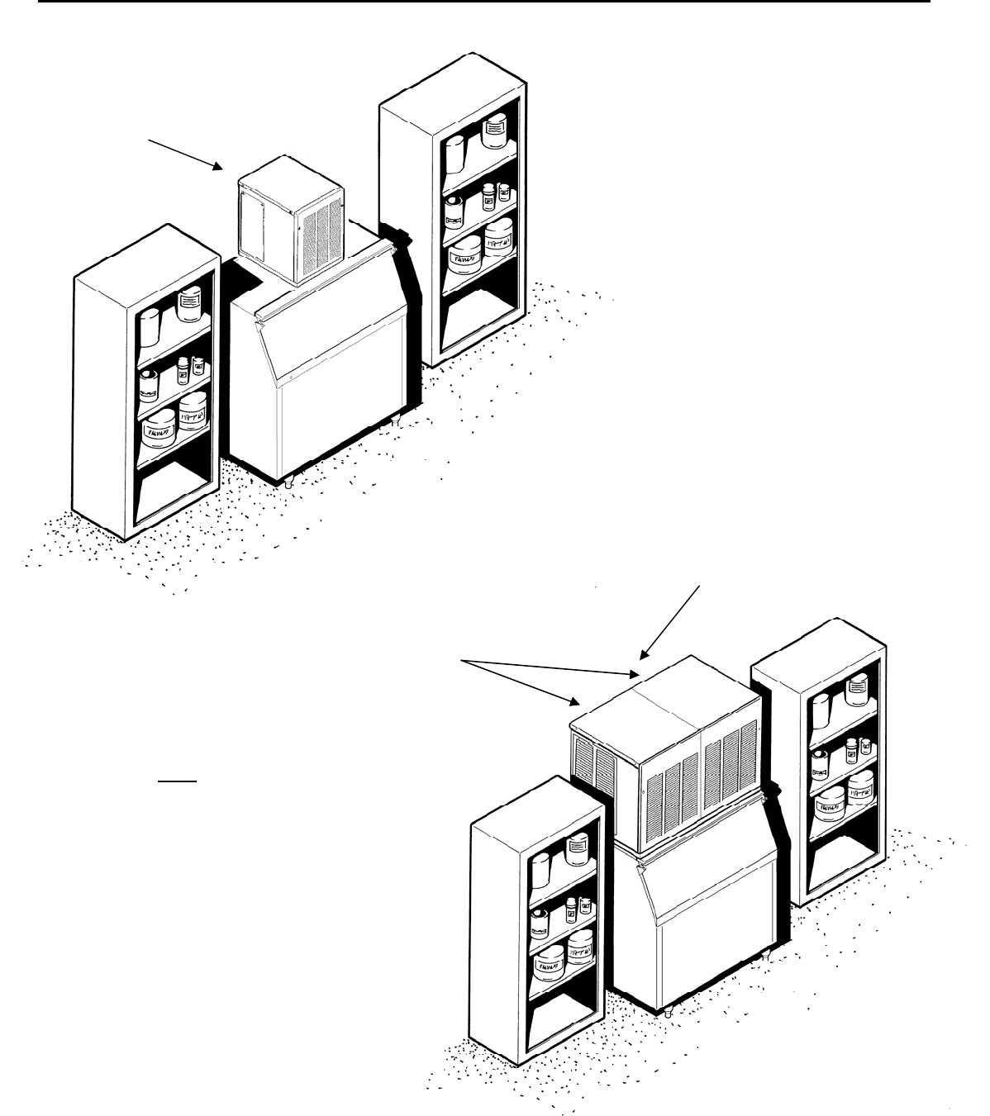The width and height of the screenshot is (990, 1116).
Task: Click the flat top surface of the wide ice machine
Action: [x=661, y=694]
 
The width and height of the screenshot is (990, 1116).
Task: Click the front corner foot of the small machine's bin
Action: [x=288, y=483]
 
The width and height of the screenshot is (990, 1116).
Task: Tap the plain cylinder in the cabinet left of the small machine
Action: [x=149, y=328]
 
